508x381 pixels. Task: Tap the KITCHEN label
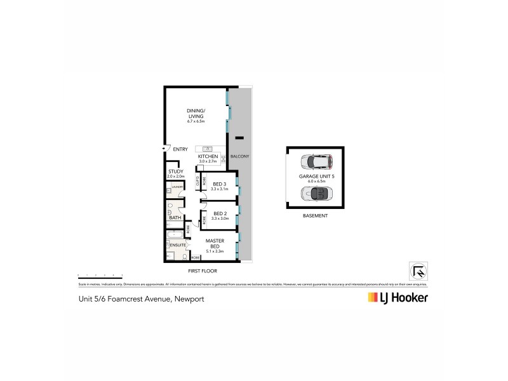point(208,156)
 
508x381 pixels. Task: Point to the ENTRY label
point(180,149)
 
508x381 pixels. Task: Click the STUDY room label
point(176,171)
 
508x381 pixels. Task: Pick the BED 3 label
point(220,184)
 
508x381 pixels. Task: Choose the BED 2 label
point(220,213)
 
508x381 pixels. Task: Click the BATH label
point(176,218)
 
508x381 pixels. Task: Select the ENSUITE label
point(177,244)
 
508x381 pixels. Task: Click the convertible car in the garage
point(314,194)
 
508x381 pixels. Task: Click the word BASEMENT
point(315,216)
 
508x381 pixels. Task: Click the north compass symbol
point(418,270)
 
